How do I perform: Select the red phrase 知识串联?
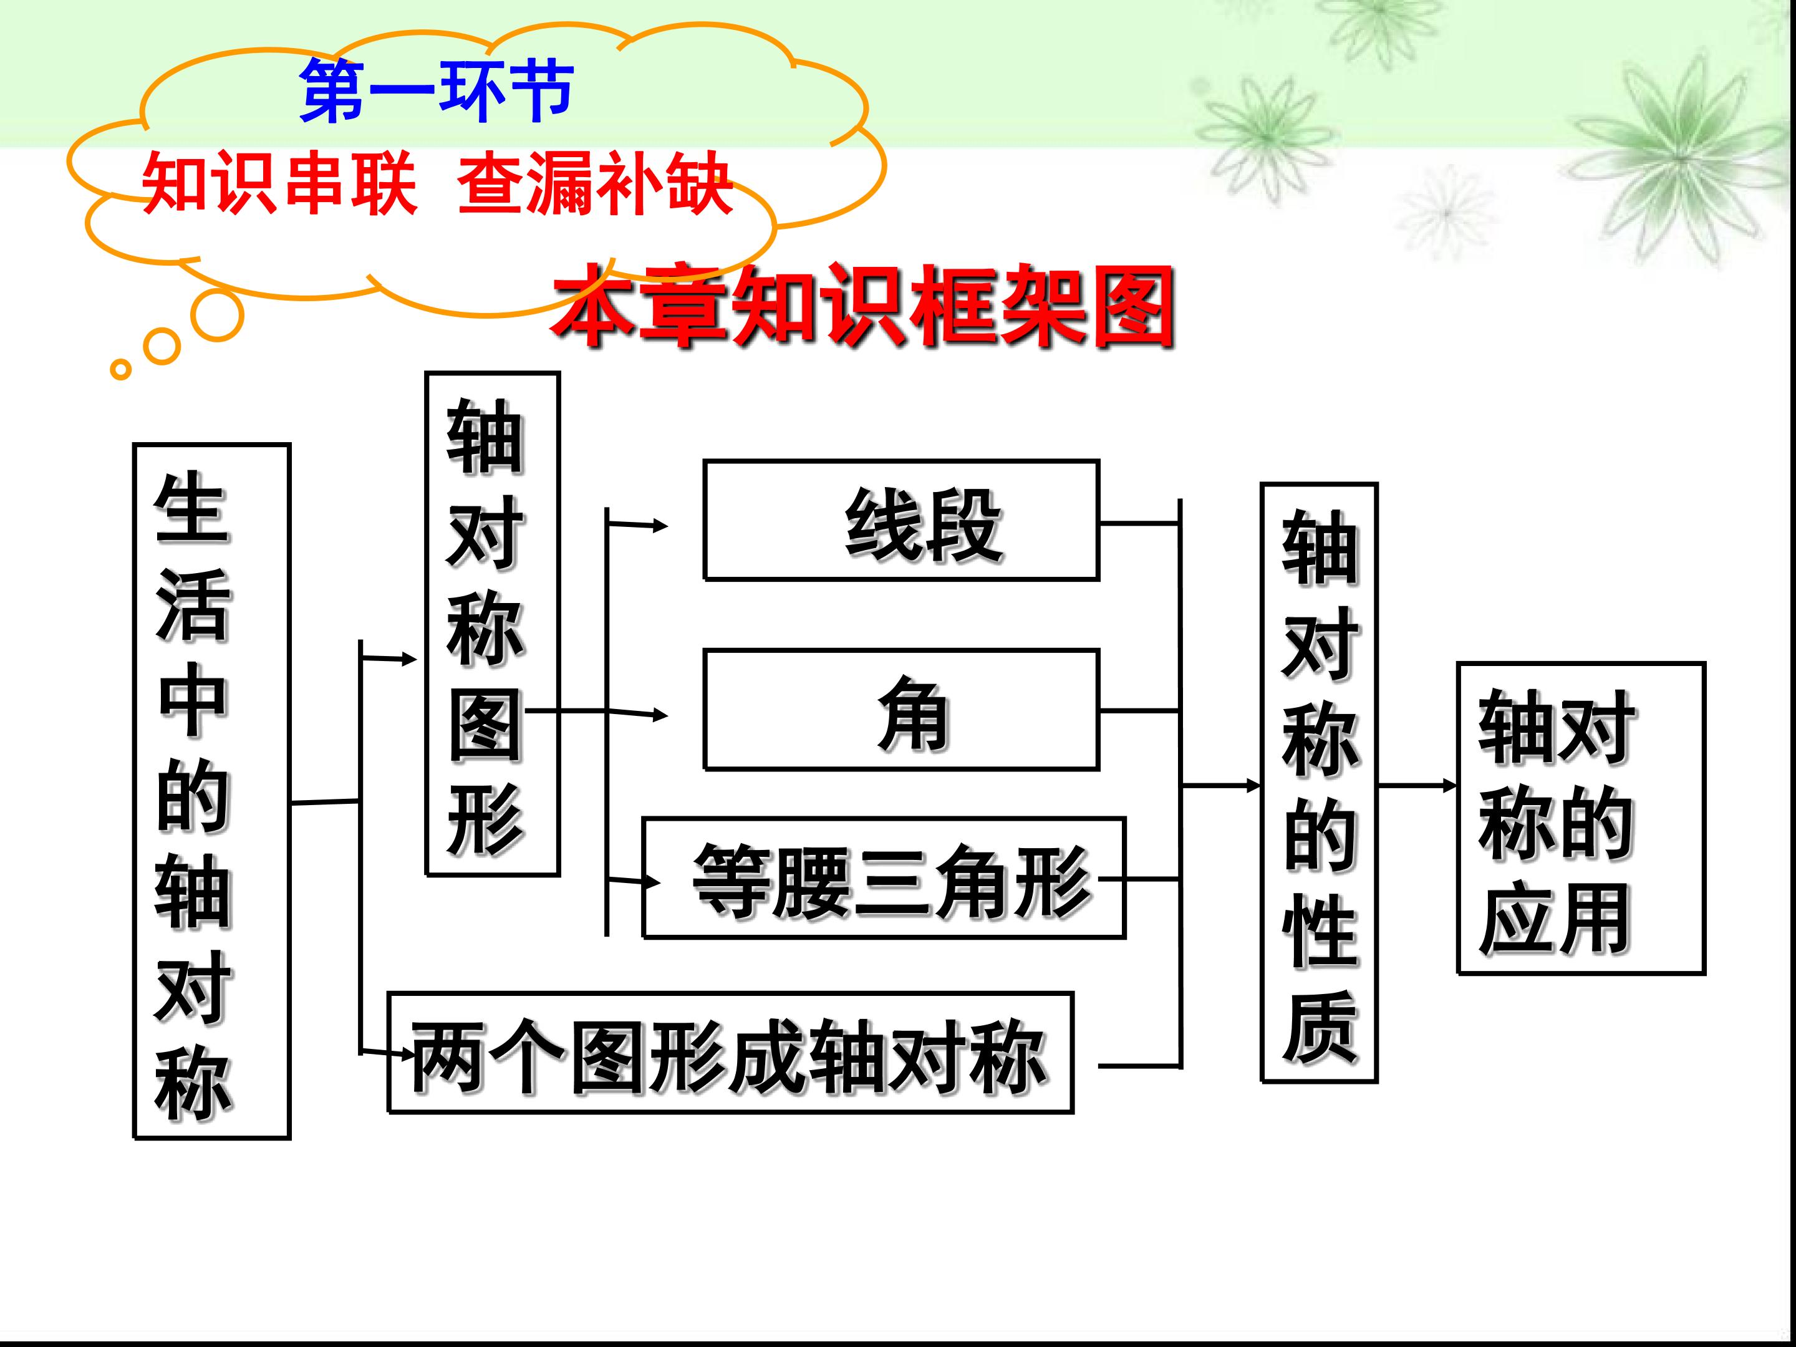[x=279, y=185]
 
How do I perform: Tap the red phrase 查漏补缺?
[x=595, y=185]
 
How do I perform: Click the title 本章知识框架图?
[x=864, y=307]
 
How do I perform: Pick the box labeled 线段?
[x=901, y=521]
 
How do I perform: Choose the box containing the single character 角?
[x=901, y=710]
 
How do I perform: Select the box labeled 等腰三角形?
[x=884, y=877]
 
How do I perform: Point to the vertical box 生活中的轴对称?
[x=212, y=791]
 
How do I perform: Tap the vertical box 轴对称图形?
[x=493, y=624]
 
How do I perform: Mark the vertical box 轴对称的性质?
[x=1320, y=783]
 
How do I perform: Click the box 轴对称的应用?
[x=1581, y=818]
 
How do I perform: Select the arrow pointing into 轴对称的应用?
[x=1417, y=785]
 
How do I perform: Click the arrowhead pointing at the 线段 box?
[x=660, y=526]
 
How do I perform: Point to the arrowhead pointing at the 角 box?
[x=660, y=715]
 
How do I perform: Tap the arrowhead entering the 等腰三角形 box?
[x=653, y=881]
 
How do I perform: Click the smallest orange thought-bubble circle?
[x=120, y=369]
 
